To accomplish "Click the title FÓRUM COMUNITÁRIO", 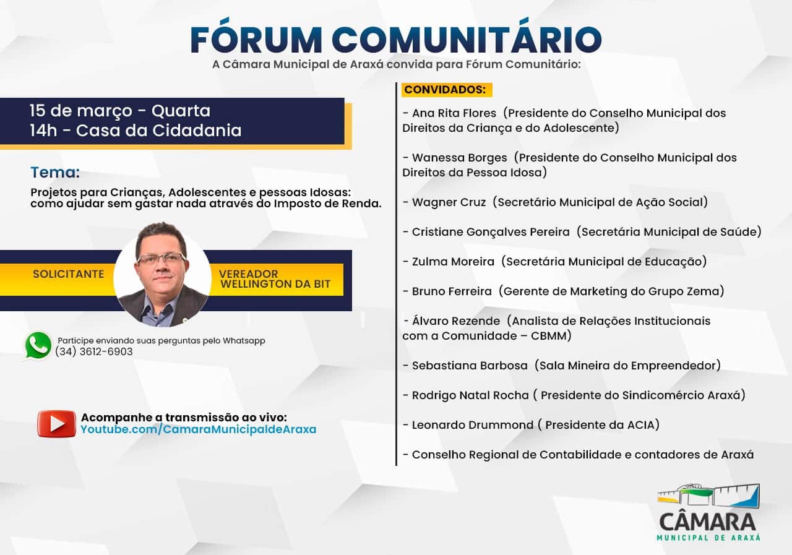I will [396, 39].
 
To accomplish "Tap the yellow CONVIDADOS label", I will [445, 90].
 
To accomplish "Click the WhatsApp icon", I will [38, 345].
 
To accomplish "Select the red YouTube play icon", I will [56, 423].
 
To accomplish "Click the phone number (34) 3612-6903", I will [94, 351].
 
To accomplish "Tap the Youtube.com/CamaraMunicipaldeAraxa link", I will [198, 429].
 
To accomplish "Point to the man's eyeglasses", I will [161, 258].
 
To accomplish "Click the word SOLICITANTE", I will [68, 273].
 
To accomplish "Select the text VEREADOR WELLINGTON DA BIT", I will [275, 279].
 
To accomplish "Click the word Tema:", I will [55, 173].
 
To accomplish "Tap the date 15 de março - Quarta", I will [120, 111].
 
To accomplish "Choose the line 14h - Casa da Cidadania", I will [136, 131].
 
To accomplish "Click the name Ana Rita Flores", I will [454, 113].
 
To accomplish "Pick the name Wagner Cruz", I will [449, 202].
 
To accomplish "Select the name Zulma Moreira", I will [453, 262].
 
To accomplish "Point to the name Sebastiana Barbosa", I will [470, 366].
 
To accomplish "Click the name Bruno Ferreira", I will [452, 291].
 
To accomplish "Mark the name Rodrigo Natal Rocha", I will [470, 395].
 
